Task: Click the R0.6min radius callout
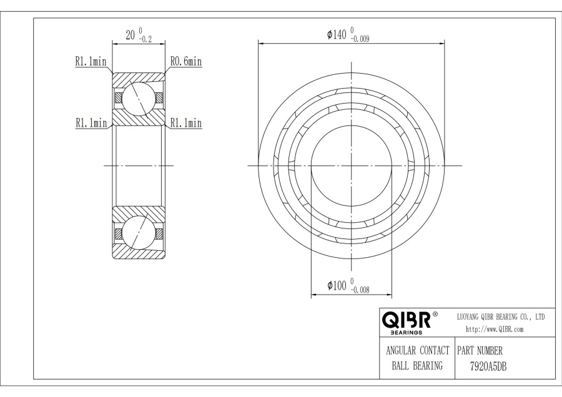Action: point(186,62)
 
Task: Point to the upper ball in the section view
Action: point(138,97)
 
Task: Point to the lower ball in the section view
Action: point(138,233)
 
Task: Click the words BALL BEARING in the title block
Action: point(417,366)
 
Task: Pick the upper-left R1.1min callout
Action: point(91,62)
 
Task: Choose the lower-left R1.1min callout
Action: point(91,123)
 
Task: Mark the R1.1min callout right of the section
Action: point(186,123)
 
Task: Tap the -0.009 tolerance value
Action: point(363,39)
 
